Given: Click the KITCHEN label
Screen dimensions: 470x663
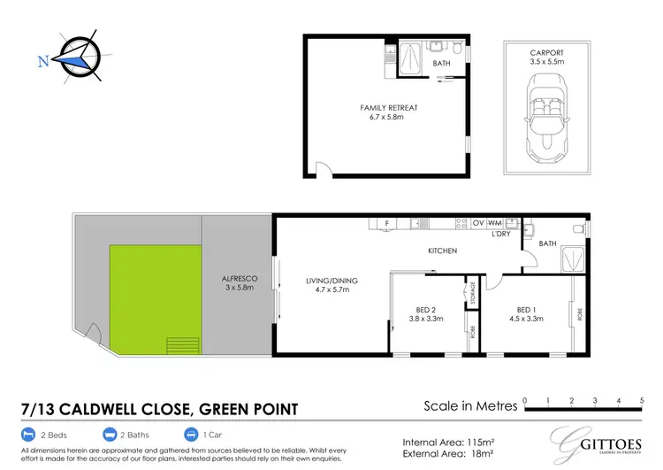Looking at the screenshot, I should (442, 251).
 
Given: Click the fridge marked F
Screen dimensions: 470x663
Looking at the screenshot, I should (385, 222).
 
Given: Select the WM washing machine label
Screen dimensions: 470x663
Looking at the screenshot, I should (494, 222).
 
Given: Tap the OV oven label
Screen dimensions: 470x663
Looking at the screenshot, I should (478, 222).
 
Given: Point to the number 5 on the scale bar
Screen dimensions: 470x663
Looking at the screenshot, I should (642, 400).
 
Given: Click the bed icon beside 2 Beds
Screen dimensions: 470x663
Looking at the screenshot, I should (28, 435).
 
